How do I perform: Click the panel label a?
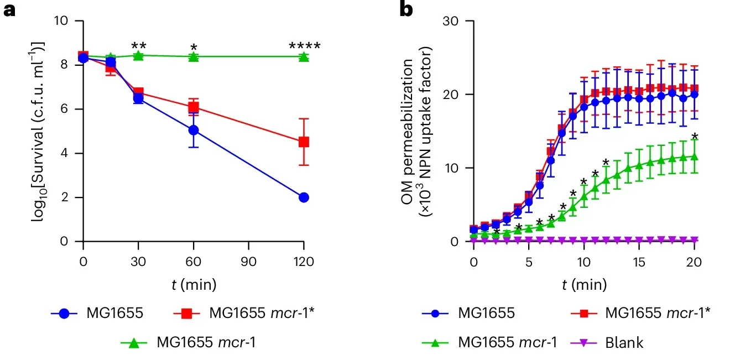9,9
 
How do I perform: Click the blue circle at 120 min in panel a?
304,197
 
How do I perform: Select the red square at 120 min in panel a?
304,142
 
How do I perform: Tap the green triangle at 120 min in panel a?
304,56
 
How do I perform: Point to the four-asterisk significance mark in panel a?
304,45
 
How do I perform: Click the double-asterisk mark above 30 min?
138,45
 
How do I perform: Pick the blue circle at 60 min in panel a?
194,130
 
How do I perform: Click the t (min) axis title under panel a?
193,285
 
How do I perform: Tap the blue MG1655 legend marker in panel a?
64,313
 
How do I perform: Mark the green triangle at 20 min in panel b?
694,156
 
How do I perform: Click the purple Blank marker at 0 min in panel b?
474,239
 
